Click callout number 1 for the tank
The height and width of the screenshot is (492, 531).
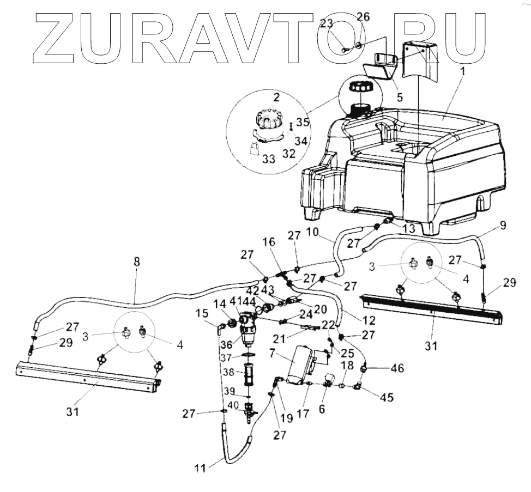462,71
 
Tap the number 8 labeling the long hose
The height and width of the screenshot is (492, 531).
136,262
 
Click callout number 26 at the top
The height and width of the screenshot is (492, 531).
363,17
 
